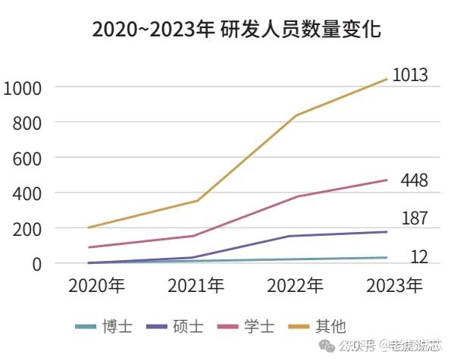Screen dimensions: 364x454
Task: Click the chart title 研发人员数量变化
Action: coord(236,30)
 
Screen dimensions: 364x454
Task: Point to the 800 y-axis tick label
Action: coord(26,122)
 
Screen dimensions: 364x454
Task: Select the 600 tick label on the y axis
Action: coord(26,158)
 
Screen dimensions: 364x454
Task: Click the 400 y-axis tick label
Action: coord(26,193)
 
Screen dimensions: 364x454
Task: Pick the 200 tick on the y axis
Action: coord(26,228)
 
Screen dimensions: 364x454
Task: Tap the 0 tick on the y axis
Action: coord(35,264)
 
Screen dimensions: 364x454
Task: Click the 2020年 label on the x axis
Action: coord(96,286)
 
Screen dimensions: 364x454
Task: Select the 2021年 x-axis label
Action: coord(196,286)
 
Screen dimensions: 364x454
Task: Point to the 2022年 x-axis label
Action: coord(295,286)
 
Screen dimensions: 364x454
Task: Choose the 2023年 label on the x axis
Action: coord(394,286)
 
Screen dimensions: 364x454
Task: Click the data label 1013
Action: coord(410,75)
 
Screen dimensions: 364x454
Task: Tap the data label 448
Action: coord(414,180)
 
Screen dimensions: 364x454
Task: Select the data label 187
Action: coord(414,219)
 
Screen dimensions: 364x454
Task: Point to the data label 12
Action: coord(418,257)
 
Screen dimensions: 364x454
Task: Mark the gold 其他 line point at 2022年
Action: coord(295,115)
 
